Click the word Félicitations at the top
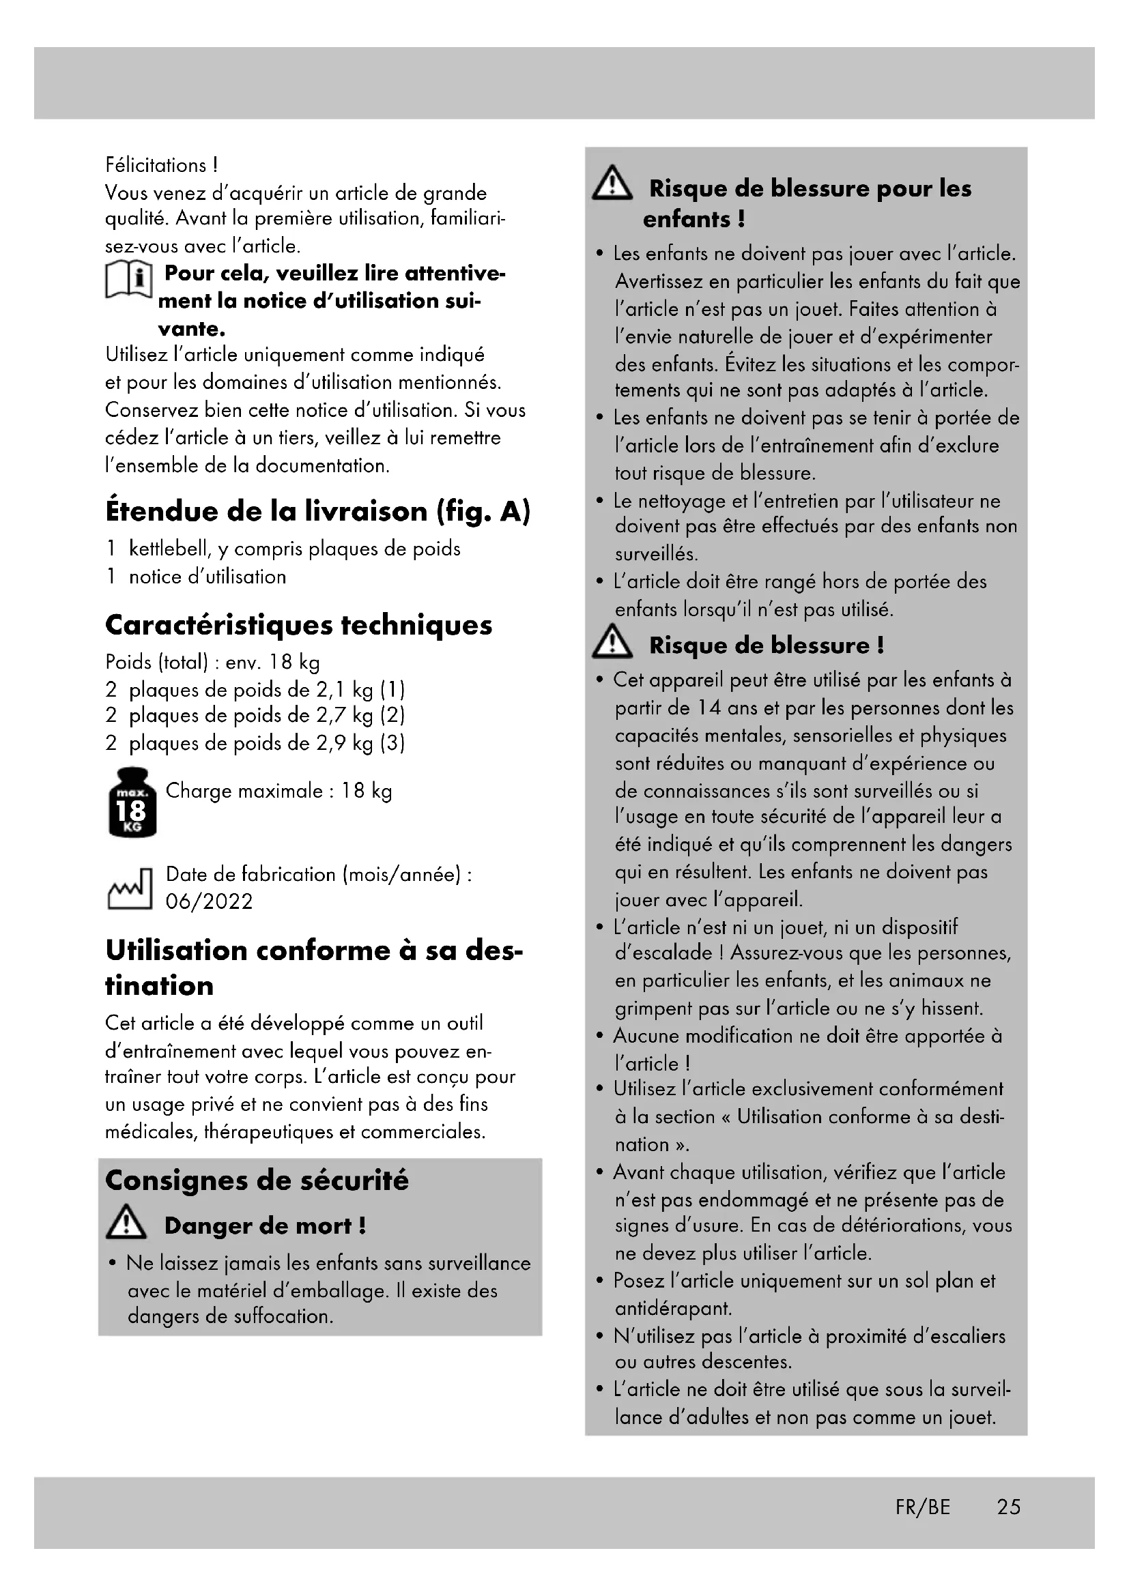(156, 165)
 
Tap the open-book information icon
(128, 281)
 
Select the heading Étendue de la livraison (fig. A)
(317, 512)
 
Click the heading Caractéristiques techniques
(298, 625)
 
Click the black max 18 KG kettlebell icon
(132, 803)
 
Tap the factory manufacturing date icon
(129, 889)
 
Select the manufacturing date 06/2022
(209, 901)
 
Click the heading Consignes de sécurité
(257, 1180)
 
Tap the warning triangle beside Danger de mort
(126, 1222)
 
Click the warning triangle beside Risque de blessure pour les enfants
(612, 184)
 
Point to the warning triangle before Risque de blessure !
(612, 641)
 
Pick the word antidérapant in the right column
(673, 1308)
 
